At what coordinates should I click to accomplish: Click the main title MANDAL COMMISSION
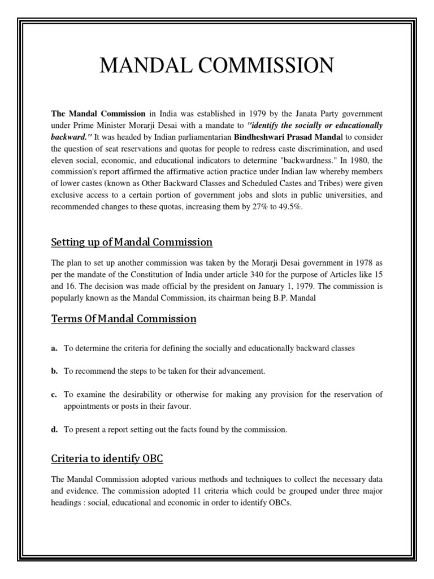point(216,66)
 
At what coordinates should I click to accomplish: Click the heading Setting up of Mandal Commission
point(132,243)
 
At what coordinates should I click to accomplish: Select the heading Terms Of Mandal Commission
point(124,319)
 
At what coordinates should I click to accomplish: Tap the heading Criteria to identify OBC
point(107,457)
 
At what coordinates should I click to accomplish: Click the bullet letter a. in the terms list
point(54,348)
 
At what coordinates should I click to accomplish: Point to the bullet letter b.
point(54,371)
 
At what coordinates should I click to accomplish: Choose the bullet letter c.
point(54,394)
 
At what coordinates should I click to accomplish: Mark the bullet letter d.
point(54,430)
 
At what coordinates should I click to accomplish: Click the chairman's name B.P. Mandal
point(296,298)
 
